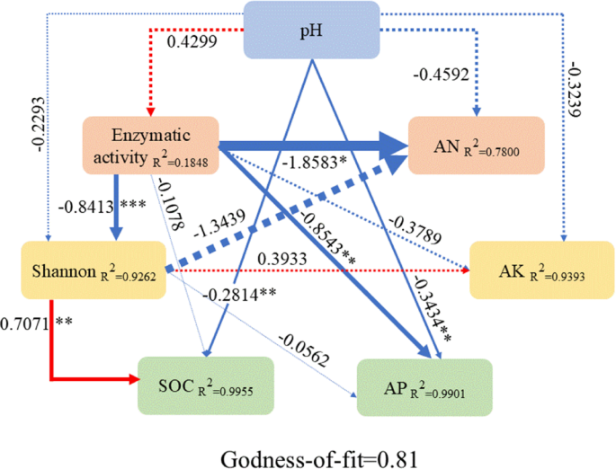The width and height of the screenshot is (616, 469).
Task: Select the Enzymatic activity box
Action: (150, 145)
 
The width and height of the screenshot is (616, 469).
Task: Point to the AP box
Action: (424, 387)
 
